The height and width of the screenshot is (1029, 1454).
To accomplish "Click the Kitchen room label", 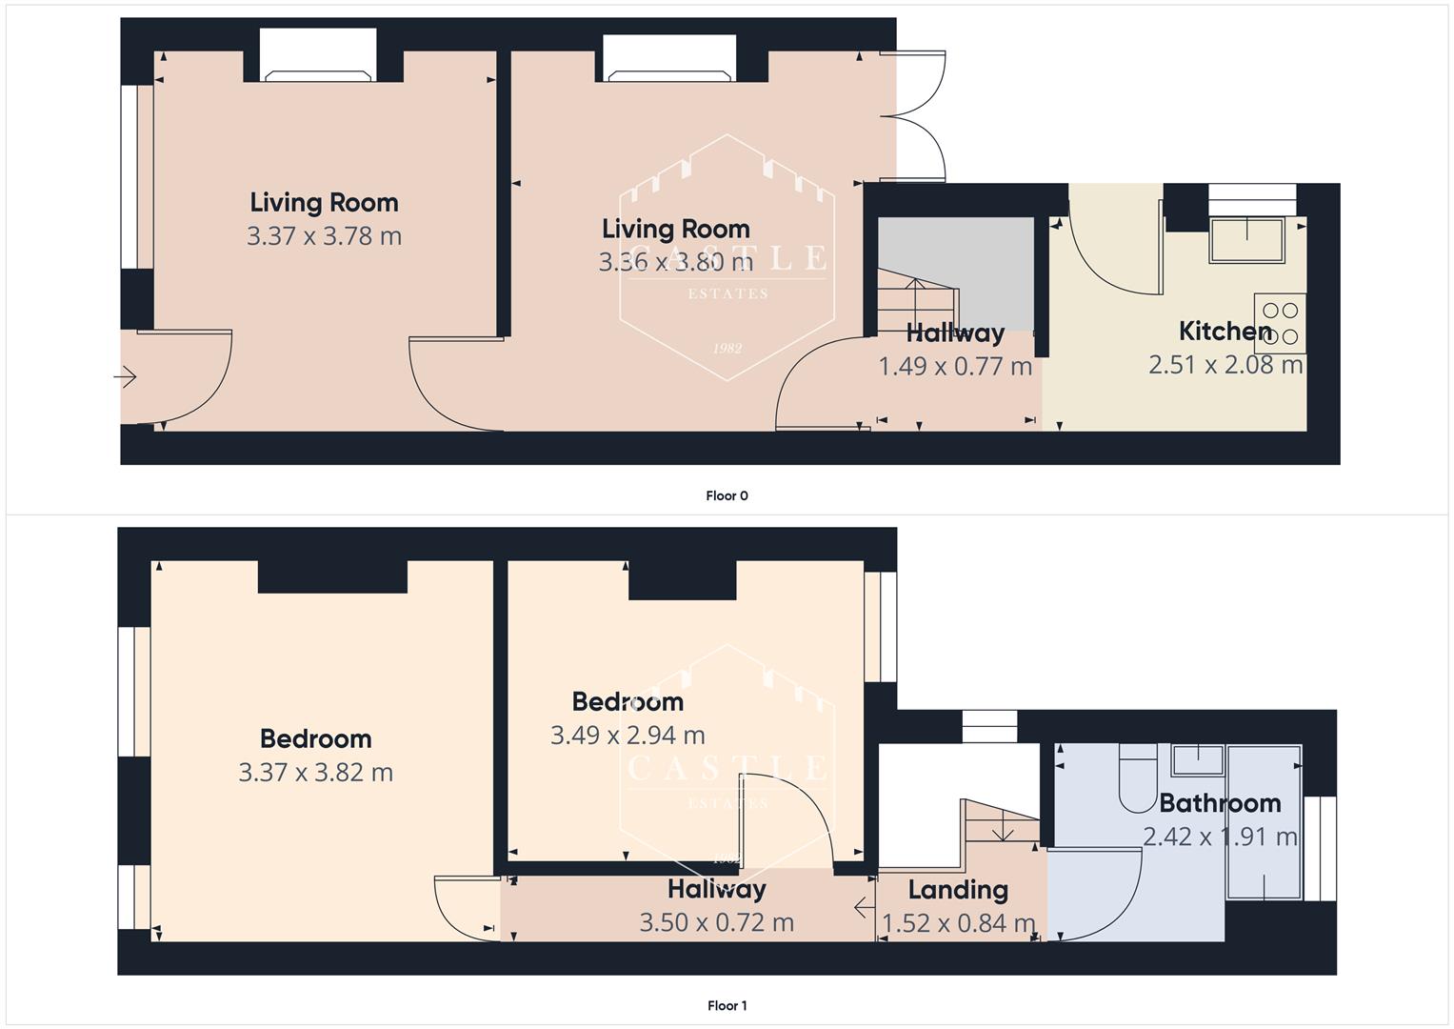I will [1225, 332].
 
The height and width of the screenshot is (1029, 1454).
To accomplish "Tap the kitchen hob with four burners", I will [1280, 323].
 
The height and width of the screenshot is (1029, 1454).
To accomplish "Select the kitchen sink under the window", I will [1246, 240].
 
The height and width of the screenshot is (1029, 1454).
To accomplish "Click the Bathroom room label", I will [1219, 803].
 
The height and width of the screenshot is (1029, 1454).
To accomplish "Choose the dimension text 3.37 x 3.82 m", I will [315, 773].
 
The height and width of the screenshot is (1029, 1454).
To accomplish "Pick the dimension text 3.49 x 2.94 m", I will [627, 736].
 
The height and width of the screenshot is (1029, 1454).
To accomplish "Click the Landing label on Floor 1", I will [957, 890].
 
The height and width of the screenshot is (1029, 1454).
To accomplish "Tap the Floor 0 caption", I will [727, 495].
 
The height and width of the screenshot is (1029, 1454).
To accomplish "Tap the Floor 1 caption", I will [727, 1005].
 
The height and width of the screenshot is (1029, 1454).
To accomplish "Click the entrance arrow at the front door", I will [125, 378].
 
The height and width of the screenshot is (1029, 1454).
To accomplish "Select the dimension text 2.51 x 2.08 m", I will [1225, 365].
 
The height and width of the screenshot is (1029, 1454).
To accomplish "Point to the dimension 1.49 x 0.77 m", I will [954, 367].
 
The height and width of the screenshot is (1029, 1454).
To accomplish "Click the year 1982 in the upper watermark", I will [727, 349].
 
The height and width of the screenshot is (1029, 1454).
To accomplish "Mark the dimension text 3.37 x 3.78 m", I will [324, 236].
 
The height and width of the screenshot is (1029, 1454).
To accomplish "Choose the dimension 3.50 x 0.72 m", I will [716, 923].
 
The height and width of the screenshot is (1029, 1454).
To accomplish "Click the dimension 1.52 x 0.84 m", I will [958, 923].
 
